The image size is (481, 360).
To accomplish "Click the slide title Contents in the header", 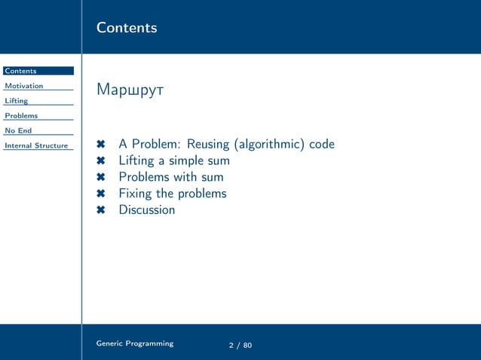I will coord(127,28).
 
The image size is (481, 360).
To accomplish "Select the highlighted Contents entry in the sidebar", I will coord(20,71).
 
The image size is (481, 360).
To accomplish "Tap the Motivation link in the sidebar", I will coord(24,86).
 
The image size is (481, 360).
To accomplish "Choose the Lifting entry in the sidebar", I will coord(17,101).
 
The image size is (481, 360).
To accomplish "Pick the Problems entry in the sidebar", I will coord(21,116).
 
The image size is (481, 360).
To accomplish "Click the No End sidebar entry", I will coord(18,131).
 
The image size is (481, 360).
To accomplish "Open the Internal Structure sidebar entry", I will coord(36,145).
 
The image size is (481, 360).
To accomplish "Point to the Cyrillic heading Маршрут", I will coord(130,91).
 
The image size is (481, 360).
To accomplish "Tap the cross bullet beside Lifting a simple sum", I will coord(101,161).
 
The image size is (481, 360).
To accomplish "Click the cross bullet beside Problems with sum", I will coord(101,178).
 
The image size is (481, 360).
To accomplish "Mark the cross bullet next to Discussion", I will coord(101,210).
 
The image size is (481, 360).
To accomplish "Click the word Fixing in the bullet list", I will coord(135,194).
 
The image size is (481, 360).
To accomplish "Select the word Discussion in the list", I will coord(147,210).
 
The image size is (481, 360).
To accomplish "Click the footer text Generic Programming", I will coord(135,343).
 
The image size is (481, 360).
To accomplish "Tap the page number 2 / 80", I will coord(240,345).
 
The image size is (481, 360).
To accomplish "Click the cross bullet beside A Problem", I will coord(101,145).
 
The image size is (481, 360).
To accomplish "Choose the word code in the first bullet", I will coord(321,144).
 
